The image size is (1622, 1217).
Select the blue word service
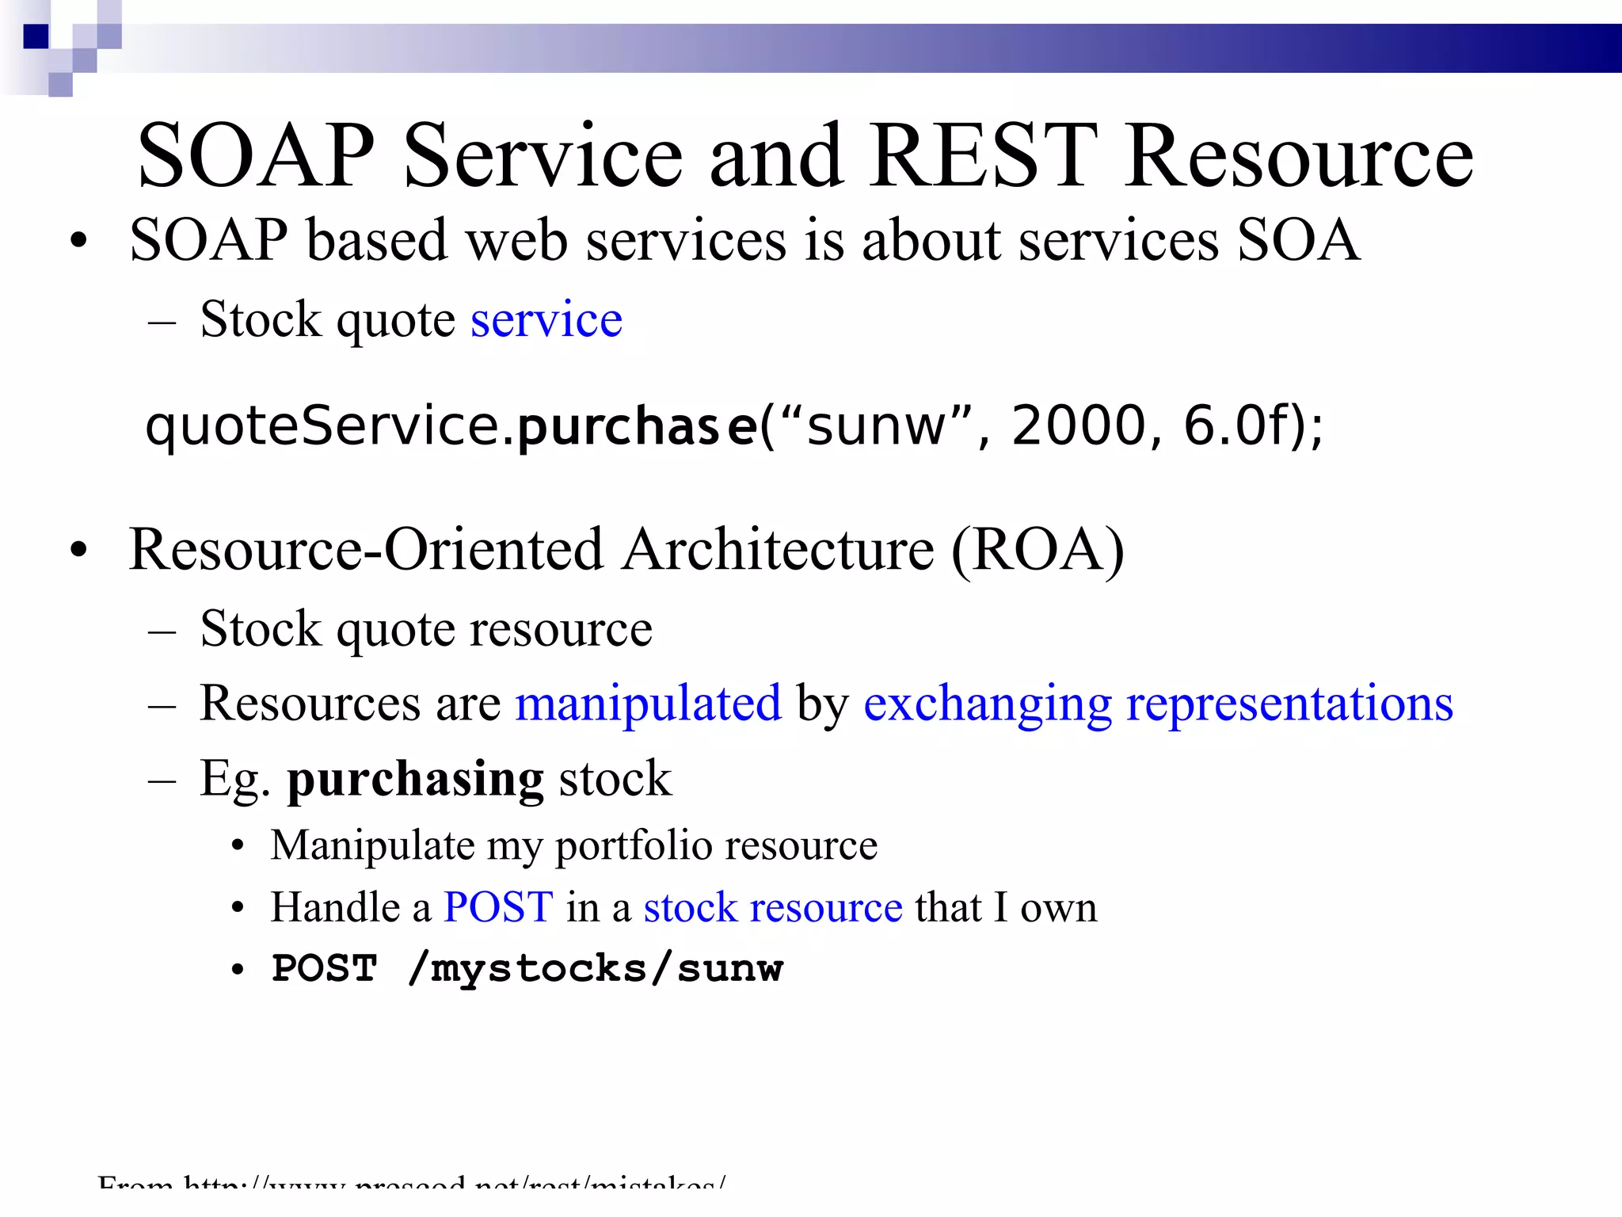pos(546,320)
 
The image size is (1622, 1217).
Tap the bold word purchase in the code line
pos(636,426)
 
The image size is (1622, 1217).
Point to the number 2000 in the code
pos(1079,425)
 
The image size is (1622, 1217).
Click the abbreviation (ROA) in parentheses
pos(1038,550)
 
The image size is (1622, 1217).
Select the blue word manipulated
pos(648,704)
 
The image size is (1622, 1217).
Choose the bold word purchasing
pos(415,780)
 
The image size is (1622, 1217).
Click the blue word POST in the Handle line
pos(498,907)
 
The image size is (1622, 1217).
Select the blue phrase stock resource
pos(773,907)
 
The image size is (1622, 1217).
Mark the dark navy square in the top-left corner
pos(36,36)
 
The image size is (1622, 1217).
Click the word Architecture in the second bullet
pos(778,550)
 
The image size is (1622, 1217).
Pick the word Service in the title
pos(543,156)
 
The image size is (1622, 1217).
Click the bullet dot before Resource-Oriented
pos(78,551)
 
